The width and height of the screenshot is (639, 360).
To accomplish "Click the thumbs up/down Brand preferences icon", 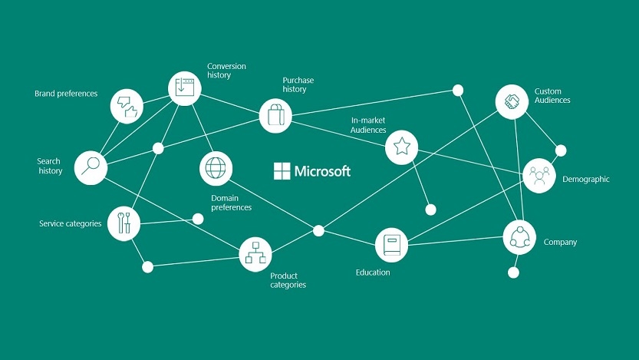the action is point(127,107).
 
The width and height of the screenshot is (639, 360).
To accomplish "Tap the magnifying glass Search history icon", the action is point(91,167).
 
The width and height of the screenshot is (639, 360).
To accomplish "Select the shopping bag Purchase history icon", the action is point(275,116).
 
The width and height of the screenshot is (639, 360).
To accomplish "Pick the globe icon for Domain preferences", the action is point(216,168).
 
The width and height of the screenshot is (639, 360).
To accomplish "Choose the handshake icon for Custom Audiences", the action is point(512,101).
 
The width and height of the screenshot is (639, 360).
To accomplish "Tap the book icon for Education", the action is point(391,245).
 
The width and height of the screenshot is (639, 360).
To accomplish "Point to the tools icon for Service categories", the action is point(124,223).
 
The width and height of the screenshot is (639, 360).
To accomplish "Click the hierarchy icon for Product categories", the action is point(255,254).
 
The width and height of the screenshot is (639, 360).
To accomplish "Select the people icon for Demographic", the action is point(539,176).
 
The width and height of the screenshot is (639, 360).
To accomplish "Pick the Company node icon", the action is point(519,237).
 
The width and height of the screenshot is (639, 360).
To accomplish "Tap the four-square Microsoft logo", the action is point(282,171).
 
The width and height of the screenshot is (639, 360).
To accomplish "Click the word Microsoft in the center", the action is point(322,171).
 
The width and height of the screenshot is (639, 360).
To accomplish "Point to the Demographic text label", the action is point(585,180).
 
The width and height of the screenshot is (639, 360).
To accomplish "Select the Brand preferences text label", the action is point(66,94).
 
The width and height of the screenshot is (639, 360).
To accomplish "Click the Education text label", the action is point(373,272).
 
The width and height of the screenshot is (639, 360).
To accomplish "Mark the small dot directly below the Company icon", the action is point(513,272).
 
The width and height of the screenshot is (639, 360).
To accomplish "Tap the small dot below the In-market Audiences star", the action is point(431,210).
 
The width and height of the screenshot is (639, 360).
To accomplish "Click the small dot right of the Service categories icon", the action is point(198,219).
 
